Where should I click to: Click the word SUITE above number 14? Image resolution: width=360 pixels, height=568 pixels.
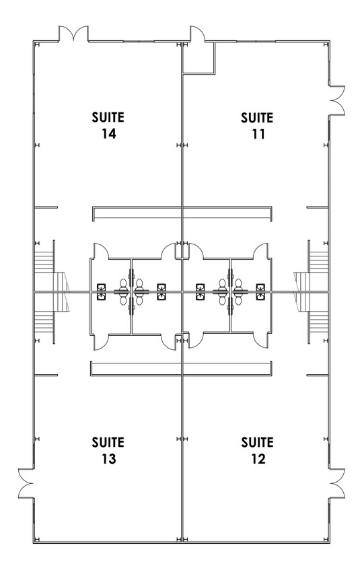pos(108,117)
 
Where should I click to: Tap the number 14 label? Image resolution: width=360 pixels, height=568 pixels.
pos(108,134)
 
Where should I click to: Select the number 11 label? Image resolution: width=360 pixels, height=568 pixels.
pos(258,135)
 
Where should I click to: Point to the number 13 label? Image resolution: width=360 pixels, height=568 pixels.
pos(108,459)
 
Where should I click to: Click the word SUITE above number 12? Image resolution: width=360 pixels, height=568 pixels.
pos(258,442)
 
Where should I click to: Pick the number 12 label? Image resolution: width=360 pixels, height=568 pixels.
pos(258,459)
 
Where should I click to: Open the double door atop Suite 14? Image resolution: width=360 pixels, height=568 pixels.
pos(73,34)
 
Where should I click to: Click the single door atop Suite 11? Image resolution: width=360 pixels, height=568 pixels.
pos(197,34)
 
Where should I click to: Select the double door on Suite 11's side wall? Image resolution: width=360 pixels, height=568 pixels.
pos(337,100)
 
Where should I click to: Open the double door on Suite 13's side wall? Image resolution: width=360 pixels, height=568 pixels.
pos(26,483)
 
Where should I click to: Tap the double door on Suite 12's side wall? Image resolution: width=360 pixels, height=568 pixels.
pos(337,483)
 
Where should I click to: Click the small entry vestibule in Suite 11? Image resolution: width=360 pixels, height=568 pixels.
pos(199,58)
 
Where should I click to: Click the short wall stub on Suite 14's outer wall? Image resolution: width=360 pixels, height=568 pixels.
pos(46,207)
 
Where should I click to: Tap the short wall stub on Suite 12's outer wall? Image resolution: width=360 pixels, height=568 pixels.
pos(317,376)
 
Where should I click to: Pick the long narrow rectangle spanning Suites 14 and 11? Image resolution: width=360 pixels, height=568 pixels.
pos(182,213)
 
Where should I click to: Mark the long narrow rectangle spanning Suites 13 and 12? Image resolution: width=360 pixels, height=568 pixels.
pos(181,368)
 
